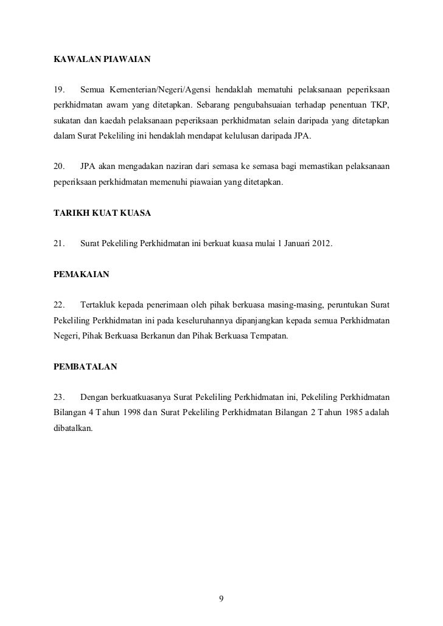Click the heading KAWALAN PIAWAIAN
coord(102,61)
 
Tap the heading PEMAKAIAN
coord(82,275)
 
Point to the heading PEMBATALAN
coord(85,367)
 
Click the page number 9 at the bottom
coord(221,599)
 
